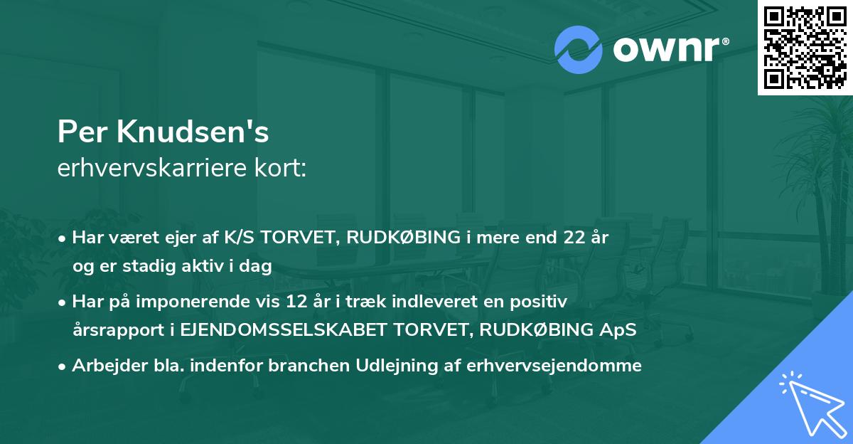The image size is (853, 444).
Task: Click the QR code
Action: (805, 47)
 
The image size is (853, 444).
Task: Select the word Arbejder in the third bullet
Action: (102, 366)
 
